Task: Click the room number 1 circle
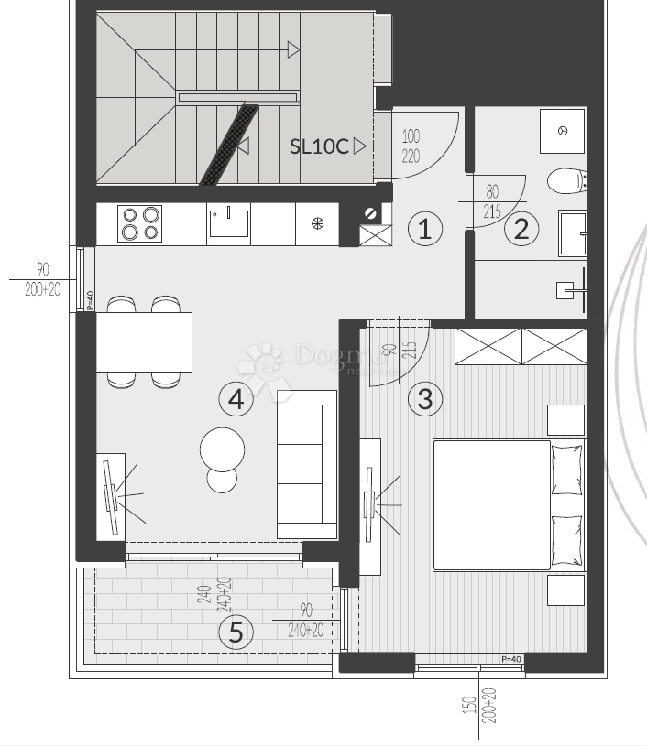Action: tap(424, 228)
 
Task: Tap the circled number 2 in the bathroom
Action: tap(521, 228)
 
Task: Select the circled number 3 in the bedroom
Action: tap(424, 399)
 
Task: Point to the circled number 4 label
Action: tap(236, 399)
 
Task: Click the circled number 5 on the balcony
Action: tap(236, 632)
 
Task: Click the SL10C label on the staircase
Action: tap(319, 146)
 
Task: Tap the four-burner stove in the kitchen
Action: tap(139, 223)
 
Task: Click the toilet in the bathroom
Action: tap(566, 181)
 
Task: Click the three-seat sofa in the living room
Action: tap(307, 464)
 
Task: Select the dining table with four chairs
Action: tap(144, 341)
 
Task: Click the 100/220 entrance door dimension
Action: tap(411, 146)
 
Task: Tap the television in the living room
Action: tap(110, 495)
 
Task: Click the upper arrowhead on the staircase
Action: tap(293, 50)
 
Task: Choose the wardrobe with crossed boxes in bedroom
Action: tap(521, 346)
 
